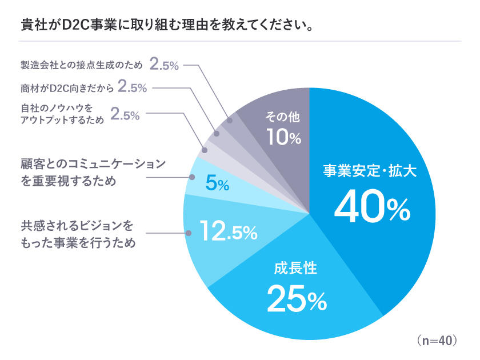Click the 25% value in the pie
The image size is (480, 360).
pos(297,299)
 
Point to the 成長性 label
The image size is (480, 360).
pos(294,268)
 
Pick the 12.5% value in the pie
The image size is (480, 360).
pos(229,231)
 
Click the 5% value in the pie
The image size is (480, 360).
pos(217,184)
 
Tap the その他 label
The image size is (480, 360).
pos(282,117)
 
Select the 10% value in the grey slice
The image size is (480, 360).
pos(283,138)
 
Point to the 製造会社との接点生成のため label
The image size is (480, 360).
pos(81,65)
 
